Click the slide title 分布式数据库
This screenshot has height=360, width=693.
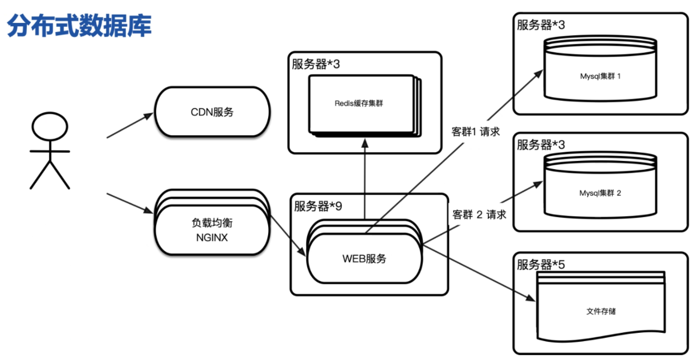point(79,27)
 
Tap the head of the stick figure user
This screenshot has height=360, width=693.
point(49,127)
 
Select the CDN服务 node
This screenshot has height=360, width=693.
point(212,112)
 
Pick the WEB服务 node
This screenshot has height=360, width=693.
point(364,258)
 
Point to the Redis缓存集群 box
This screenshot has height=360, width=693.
point(359,103)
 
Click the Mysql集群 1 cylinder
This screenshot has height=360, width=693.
point(600,76)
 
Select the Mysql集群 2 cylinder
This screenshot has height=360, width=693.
point(600,193)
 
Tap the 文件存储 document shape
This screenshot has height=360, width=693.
point(601,312)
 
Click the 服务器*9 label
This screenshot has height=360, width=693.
point(318,207)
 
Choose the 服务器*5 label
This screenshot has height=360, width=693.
point(541,265)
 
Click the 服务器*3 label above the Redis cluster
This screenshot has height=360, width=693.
point(315,64)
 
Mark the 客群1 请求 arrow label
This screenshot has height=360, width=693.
point(476,132)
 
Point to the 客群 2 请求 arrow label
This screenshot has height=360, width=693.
point(479,214)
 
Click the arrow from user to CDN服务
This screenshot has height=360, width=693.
point(130,126)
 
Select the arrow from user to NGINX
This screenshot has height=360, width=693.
point(130,202)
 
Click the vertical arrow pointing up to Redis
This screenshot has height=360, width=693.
point(364,179)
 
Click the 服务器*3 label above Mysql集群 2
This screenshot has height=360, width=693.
point(541,145)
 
